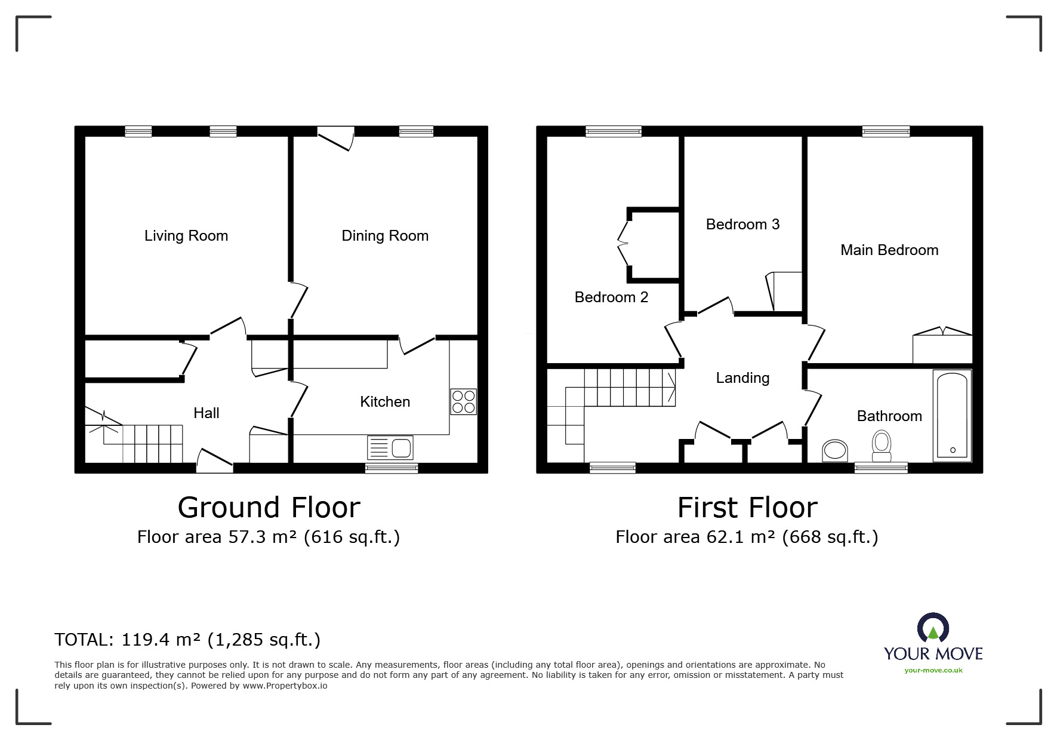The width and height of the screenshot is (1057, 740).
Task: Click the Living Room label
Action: (186, 236)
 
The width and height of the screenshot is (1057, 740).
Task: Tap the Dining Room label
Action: (385, 236)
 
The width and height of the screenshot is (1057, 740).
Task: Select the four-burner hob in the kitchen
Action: (463, 401)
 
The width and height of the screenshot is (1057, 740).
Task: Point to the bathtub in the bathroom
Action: (952, 416)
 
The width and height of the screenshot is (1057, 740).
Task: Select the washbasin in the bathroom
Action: (835, 450)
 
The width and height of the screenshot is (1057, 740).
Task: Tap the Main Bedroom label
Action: (889, 250)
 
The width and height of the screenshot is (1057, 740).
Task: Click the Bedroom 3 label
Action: (742, 225)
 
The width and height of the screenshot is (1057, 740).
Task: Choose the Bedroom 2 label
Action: (611, 297)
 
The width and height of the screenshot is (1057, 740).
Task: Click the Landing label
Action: (742, 378)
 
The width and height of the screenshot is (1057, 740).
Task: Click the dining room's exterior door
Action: (335, 139)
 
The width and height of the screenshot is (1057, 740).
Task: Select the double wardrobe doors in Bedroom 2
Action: (624, 244)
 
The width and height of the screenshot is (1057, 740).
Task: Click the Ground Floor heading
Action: (269, 508)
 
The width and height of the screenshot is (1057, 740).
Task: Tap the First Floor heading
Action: (747, 508)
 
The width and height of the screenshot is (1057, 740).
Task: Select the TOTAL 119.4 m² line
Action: (187, 640)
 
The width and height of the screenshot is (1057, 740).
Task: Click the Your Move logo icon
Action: (933, 628)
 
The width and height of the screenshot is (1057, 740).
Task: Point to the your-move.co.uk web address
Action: (933, 670)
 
